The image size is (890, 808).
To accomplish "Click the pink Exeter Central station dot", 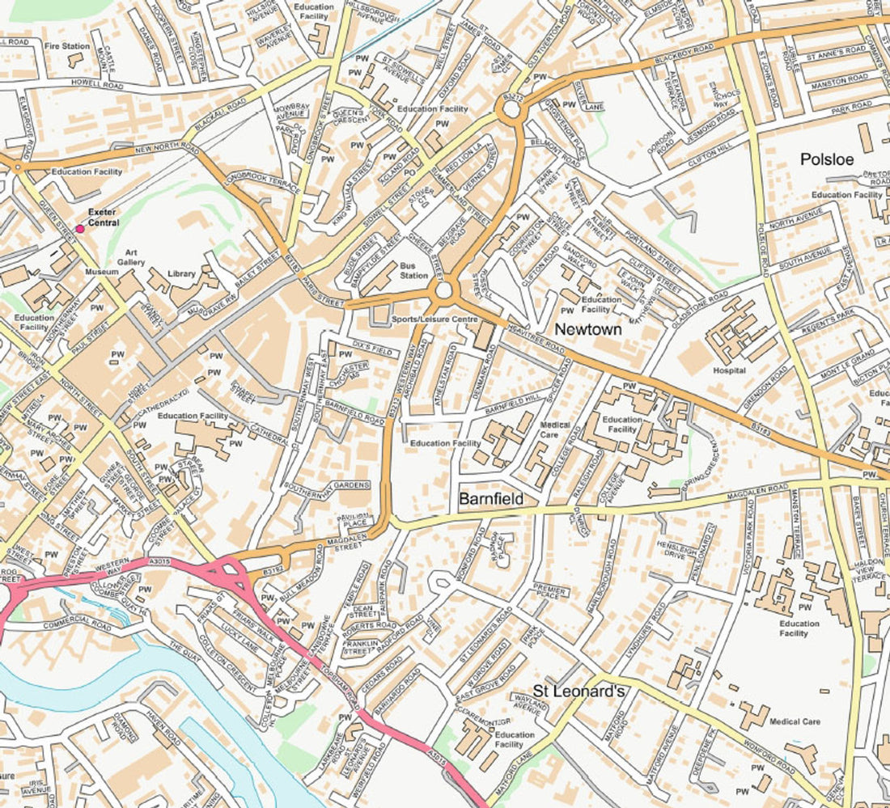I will tap(79, 230).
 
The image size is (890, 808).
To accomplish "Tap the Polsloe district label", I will tap(826, 159).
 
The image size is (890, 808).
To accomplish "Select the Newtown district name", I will tap(587, 329).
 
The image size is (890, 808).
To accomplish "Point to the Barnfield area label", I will tap(490, 499).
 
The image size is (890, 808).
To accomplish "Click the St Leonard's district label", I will tap(578, 691).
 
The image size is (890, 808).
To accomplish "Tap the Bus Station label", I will tap(413, 270).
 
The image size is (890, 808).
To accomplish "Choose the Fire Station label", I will tap(66, 46).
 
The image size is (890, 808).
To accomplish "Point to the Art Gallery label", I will tap(130, 257).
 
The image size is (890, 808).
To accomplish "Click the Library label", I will tap(181, 274).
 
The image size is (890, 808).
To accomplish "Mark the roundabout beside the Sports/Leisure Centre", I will tap(444, 291).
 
